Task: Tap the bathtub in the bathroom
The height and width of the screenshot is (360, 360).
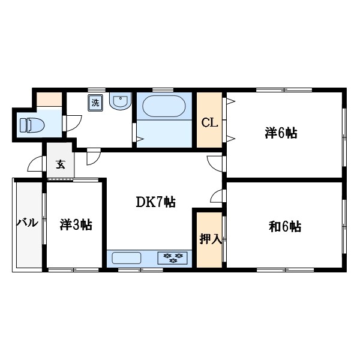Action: pos(164,107)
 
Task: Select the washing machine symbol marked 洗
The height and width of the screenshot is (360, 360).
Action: pos(95,103)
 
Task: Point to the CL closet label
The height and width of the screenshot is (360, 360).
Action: pos(208,124)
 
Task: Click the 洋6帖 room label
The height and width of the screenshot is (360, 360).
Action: pos(281,134)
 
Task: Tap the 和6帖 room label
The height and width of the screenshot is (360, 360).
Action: pos(284,227)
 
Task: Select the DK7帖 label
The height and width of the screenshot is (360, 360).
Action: pos(155,203)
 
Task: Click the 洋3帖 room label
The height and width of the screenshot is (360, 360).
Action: pos(76,225)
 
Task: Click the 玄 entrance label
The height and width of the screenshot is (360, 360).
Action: pos(60,164)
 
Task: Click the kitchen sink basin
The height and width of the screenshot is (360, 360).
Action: pos(127,258)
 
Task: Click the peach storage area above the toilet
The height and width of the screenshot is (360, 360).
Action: pos(49,99)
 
